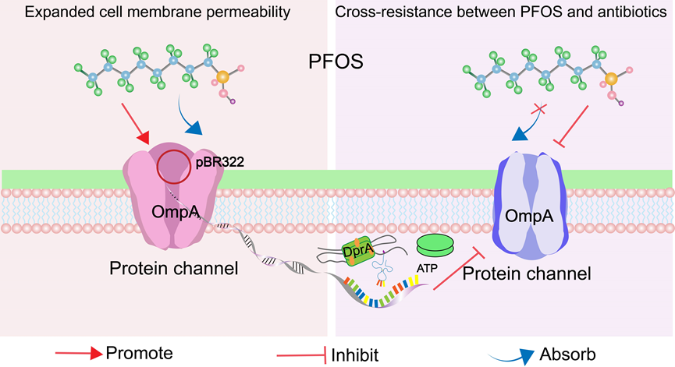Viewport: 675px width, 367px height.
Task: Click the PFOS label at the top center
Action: click(x=336, y=62)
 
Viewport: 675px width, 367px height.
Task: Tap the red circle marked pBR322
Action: click(x=172, y=166)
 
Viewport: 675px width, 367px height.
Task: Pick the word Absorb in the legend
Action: click(x=568, y=355)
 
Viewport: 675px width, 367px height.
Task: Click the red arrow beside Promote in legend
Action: click(x=78, y=354)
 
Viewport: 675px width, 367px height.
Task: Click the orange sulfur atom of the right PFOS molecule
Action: click(x=611, y=77)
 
